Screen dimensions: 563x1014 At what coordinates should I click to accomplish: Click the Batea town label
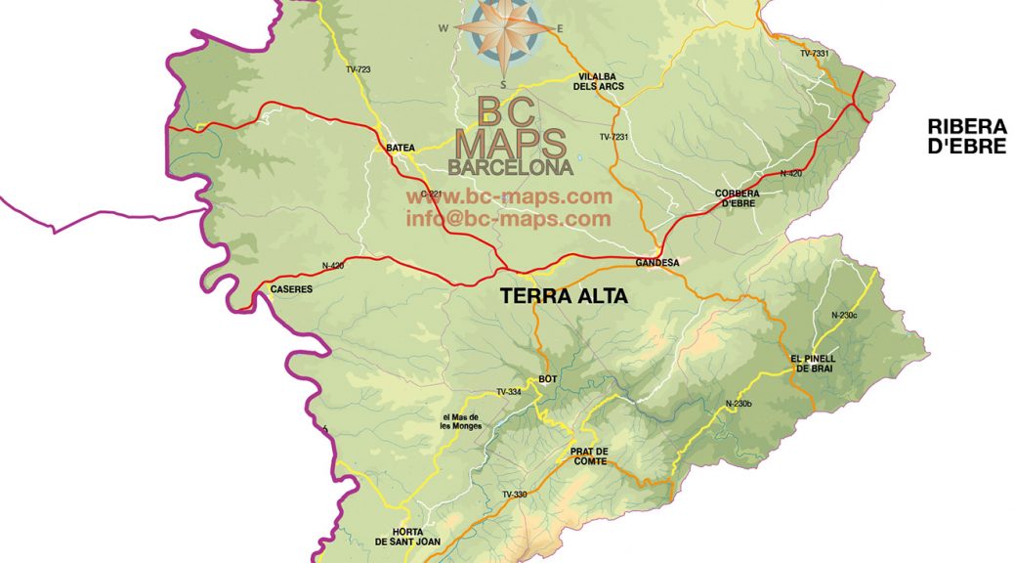click(x=401, y=148)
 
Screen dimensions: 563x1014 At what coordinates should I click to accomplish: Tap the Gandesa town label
click(x=656, y=263)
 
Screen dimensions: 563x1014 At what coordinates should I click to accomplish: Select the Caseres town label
click(x=291, y=289)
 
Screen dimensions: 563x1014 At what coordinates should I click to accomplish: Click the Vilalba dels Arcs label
click(x=599, y=81)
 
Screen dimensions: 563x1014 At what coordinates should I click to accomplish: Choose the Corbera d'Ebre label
click(x=738, y=198)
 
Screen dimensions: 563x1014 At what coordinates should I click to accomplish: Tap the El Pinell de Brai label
click(x=813, y=363)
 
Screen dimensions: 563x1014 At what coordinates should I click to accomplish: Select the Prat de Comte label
click(x=590, y=455)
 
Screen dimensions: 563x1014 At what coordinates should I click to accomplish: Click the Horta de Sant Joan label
click(x=408, y=536)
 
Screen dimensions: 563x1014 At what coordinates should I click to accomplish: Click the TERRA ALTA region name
click(x=563, y=296)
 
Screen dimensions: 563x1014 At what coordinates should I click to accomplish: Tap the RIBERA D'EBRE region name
click(x=967, y=136)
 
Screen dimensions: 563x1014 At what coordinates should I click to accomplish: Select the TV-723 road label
click(x=359, y=69)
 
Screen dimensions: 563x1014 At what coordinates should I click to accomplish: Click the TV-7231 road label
click(x=613, y=137)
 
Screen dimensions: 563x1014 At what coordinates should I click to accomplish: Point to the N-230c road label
click(x=844, y=315)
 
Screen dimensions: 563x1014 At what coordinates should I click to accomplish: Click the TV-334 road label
click(x=508, y=392)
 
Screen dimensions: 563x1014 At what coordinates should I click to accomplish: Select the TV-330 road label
click(x=514, y=495)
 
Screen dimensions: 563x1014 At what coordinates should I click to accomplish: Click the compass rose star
click(x=503, y=27)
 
